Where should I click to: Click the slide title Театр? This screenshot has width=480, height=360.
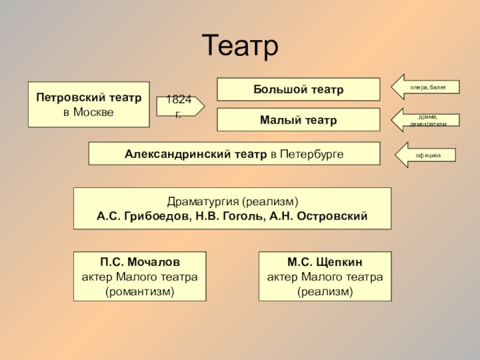240,46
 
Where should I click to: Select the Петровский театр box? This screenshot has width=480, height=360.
88,104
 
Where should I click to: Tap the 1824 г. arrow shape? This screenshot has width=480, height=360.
178,106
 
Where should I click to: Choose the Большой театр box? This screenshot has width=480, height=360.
298,89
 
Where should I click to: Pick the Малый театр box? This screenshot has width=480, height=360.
298,120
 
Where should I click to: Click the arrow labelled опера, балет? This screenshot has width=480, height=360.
425,88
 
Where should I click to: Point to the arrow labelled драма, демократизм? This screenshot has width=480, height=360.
425,120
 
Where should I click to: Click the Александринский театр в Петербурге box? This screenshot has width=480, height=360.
234,154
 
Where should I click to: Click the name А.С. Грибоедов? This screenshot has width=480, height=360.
142,216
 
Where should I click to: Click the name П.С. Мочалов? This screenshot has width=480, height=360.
139,262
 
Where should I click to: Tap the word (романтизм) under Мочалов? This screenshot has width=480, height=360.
139,292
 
